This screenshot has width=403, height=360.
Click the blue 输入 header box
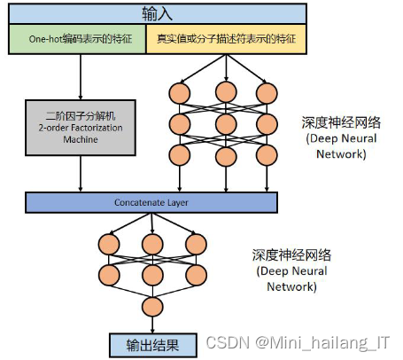(x=158, y=13)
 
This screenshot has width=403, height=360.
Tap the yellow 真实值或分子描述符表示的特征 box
(x=226, y=39)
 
